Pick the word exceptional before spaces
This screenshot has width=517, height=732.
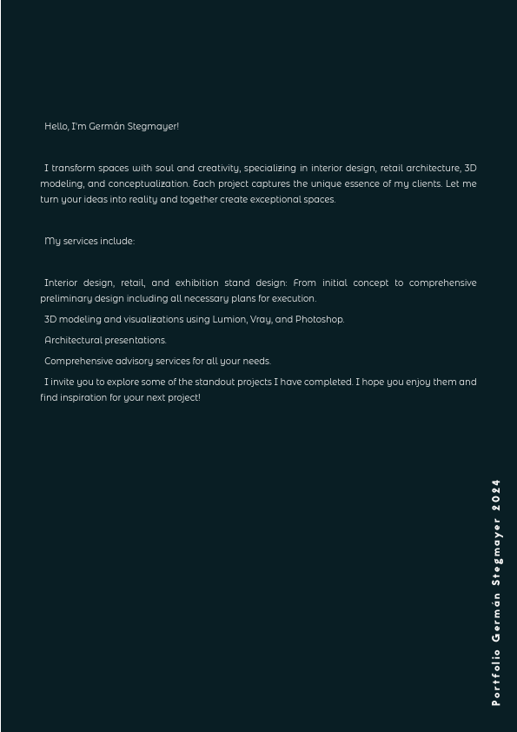(275, 199)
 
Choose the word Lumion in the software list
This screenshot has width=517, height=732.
(229, 319)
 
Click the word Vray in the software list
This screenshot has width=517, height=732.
(261, 319)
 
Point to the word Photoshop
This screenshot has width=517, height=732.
(320, 319)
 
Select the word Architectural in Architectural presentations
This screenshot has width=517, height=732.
(73, 340)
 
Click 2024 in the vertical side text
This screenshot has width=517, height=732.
(496, 494)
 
